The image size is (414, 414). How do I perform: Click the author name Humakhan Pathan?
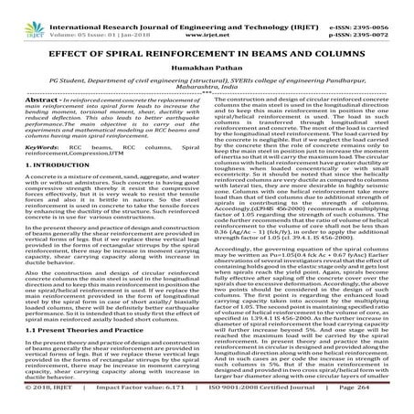pyautogui.click(x=207, y=58)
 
